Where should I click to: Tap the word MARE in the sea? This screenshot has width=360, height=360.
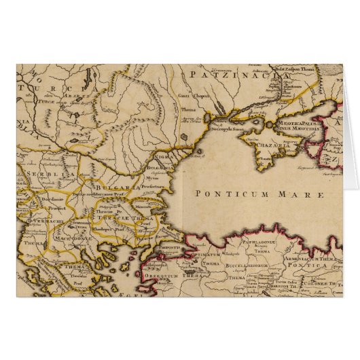271,193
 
